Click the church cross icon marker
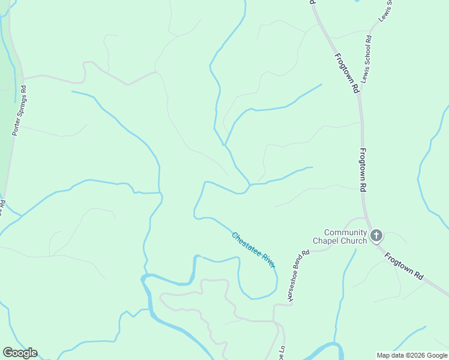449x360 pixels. click(x=376, y=235)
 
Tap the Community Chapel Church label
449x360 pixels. click(x=345, y=237)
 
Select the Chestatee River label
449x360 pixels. click(x=253, y=250)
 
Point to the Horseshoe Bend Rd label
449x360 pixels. click(x=298, y=275)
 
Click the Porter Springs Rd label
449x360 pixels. click(x=20, y=110)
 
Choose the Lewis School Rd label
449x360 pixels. click(x=366, y=59)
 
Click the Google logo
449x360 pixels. click(x=20, y=353)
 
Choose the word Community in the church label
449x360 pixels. click(x=345, y=232)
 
